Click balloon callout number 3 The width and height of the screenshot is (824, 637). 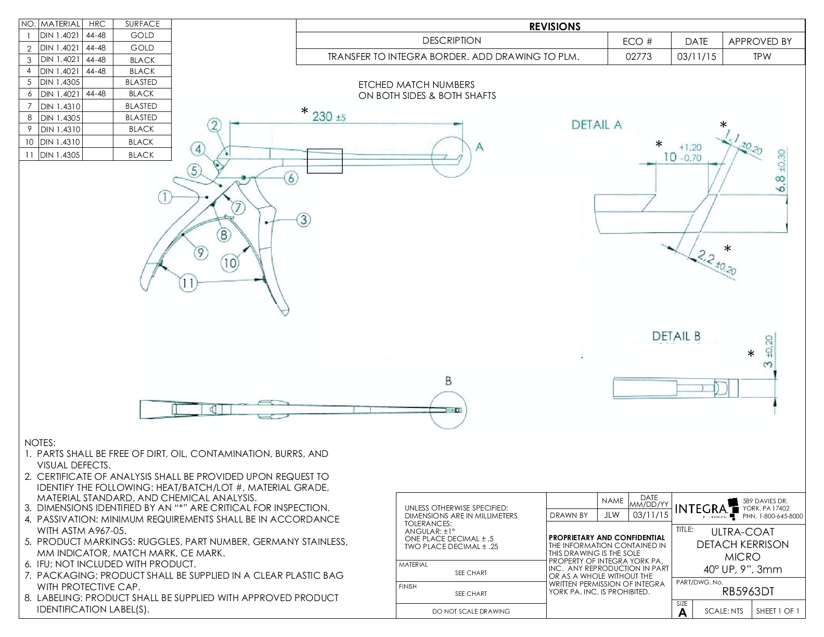click(303, 220)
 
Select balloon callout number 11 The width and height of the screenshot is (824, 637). click(188, 283)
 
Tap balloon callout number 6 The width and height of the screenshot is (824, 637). click(291, 178)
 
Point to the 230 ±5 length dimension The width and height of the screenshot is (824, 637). click(328, 117)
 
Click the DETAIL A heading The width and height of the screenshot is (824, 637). click(597, 125)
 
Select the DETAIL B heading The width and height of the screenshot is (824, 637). click(676, 336)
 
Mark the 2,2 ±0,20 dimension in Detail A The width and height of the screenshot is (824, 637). click(717, 263)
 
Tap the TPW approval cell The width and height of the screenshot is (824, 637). click(762, 57)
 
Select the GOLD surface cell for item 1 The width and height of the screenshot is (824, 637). click(142, 35)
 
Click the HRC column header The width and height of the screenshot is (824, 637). click(97, 24)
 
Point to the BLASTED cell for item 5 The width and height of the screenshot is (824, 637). click(141, 82)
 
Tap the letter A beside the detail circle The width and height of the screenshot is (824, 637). click(480, 147)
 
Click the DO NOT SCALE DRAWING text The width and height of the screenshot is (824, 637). click(471, 611)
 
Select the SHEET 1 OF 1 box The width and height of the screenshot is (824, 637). click(778, 611)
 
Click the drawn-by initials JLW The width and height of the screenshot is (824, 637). click(612, 515)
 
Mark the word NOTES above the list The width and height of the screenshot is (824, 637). click(40, 443)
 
